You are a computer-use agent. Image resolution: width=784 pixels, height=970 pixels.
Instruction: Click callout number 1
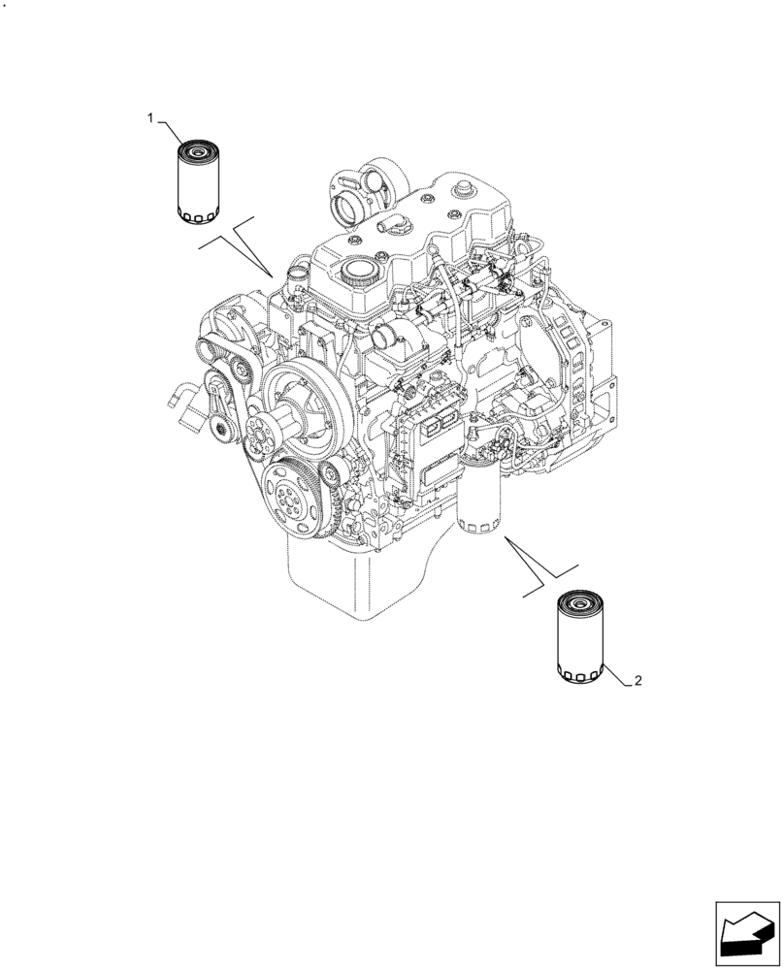pos(150,117)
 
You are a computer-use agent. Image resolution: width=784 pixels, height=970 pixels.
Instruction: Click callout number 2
pos(637,682)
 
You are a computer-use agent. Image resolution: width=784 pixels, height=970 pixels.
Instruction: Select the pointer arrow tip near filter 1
pos(273,274)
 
